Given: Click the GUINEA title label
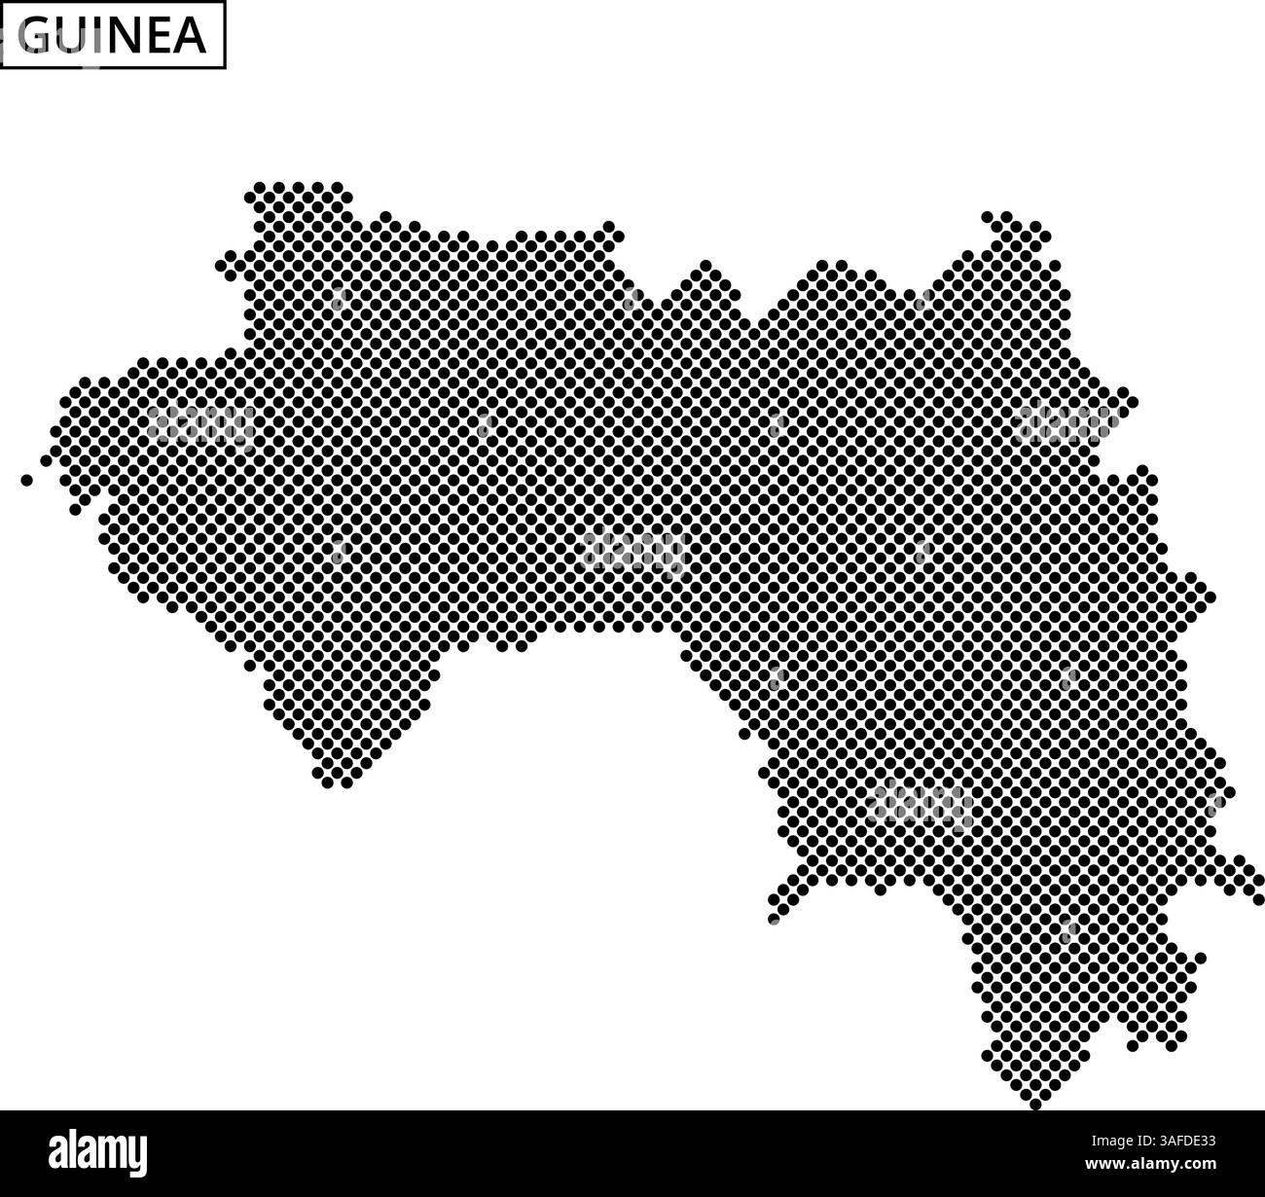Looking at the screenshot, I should pyautogui.click(x=113, y=35).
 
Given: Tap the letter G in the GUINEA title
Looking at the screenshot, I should pyautogui.click(x=36, y=36).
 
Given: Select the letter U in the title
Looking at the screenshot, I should pyautogui.click(x=74, y=36).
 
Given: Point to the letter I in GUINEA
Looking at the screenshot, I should pyautogui.click(x=100, y=36).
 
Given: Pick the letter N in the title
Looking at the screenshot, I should pyautogui.click(x=126, y=36).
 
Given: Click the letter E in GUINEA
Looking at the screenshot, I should pyautogui.click(x=159, y=36).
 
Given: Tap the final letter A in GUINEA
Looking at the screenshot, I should pyautogui.click(x=190, y=36).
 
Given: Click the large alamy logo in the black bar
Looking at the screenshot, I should pyautogui.click(x=98, y=1152).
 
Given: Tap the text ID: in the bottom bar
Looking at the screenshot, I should pyautogui.click(x=1125, y=1142).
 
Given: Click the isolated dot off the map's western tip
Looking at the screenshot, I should pyautogui.click(x=26, y=480).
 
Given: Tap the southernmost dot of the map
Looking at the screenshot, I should pyautogui.click(x=1035, y=1104).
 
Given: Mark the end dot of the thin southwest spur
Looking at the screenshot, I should pyautogui.click(x=774, y=919).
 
